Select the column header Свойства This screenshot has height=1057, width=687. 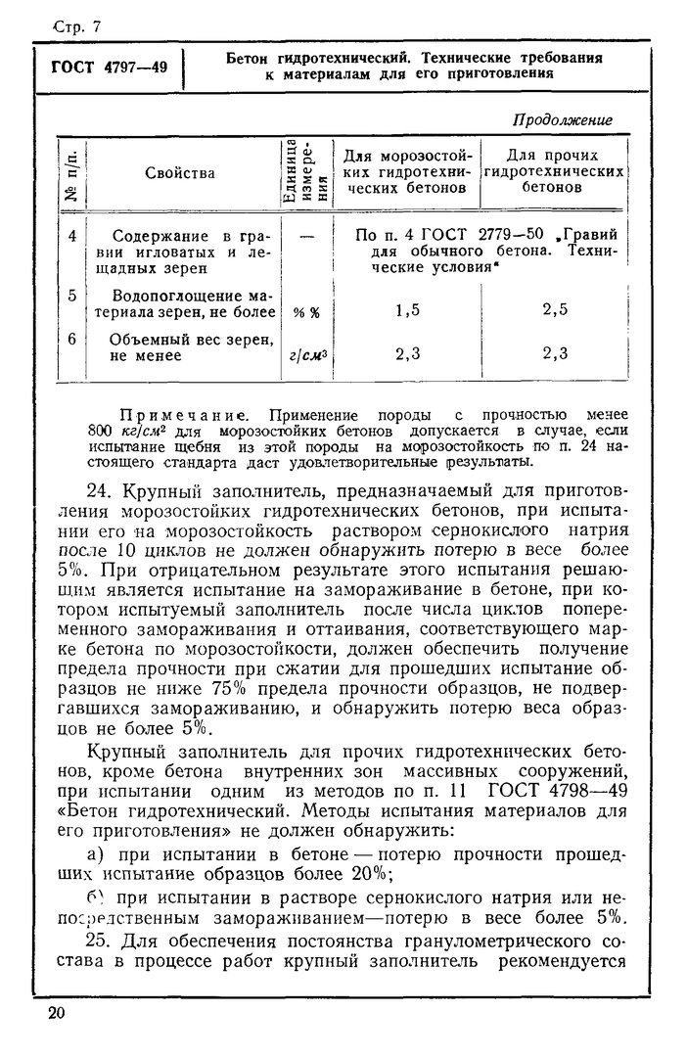tap(180, 173)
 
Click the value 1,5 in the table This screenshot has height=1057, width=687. tap(407, 311)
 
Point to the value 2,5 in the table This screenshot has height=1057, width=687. tap(555, 311)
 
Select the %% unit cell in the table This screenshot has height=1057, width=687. tap(306, 313)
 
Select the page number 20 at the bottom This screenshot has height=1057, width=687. tap(55, 1012)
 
